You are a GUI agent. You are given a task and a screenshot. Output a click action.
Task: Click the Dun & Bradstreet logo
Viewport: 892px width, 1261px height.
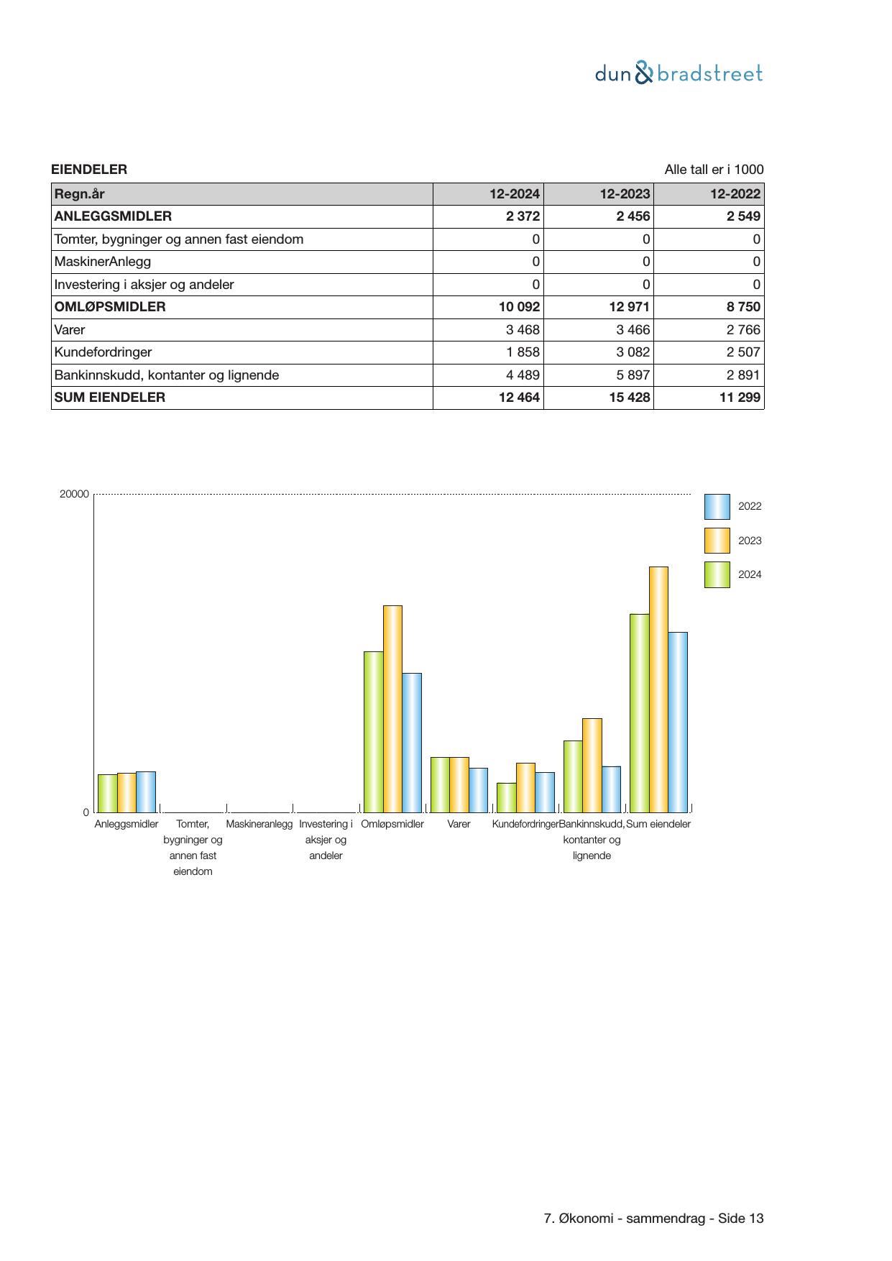click(x=679, y=73)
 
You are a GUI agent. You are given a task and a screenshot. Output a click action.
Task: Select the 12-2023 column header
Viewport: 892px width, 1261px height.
click(x=625, y=194)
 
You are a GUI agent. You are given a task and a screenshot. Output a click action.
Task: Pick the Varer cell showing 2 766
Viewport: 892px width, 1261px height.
click(x=740, y=330)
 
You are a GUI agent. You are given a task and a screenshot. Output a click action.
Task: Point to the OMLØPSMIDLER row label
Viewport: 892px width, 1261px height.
click(x=110, y=307)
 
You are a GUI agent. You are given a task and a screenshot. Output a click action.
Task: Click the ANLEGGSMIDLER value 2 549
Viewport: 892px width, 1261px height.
click(x=740, y=216)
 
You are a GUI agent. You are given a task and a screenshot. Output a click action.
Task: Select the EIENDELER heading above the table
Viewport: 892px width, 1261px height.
click(x=89, y=170)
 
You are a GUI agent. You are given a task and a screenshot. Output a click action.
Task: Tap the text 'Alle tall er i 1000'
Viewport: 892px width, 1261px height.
click(x=714, y=170)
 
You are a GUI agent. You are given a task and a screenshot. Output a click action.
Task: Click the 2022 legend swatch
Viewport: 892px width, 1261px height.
click(x=717, y=507)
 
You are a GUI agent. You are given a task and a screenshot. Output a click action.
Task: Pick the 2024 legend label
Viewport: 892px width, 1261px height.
click(x=750, y=574)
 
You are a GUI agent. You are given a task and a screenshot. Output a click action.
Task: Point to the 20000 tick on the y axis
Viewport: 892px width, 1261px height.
click(x=75, y=494)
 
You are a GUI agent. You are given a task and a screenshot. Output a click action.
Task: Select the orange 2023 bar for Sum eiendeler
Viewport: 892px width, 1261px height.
click(x=658, y=689)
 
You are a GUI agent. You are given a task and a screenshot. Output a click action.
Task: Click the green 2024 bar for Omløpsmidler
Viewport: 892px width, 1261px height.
click(x=373, y=731)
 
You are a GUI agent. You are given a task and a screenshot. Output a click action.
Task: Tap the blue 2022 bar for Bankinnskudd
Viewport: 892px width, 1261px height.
click(x=611, y=789)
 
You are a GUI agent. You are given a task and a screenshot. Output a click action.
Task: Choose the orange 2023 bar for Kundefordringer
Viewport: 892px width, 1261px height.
click(x=525, y=787)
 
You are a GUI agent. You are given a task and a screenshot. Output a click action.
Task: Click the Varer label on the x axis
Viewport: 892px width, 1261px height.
click(x=459, y=824)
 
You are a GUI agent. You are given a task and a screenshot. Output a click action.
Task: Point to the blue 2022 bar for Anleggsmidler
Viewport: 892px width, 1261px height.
click(x=146, y=792)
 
